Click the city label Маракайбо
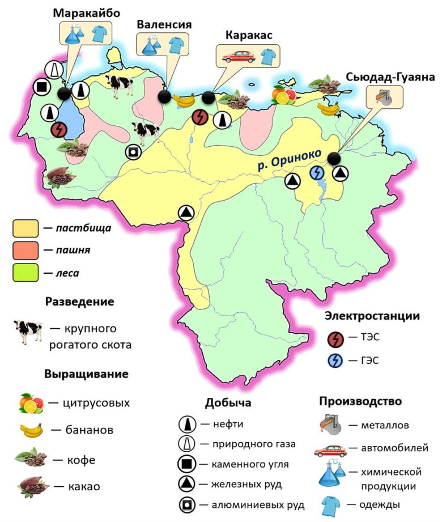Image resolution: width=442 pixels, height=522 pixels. click(87, 13)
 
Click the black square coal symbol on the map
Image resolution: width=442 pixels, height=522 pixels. click(40, 87)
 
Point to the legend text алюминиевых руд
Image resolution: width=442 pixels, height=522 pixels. click(260, 504)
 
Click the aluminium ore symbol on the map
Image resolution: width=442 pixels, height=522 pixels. click(133, 152)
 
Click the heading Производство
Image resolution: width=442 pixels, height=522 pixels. click(360, 401)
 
